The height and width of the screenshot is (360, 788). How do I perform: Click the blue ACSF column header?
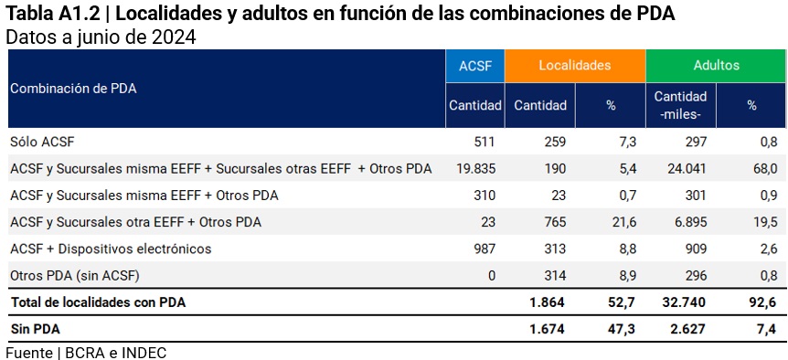click(475, 66)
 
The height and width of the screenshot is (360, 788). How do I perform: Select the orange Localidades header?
click(575, 66)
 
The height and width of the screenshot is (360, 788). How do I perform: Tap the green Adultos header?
click(717, 66)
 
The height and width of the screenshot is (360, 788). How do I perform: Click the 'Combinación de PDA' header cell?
click(73, 89)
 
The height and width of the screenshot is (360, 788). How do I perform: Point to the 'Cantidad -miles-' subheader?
click(680, 105)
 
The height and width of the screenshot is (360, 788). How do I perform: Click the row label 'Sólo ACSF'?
click(42, 142)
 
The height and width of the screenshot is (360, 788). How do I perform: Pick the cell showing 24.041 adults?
click(687, 169)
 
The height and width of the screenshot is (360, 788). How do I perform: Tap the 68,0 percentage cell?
click(763, 169)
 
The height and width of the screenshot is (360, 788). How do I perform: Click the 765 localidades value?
click(553, 222)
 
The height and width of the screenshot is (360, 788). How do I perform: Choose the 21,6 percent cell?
click(623, 222)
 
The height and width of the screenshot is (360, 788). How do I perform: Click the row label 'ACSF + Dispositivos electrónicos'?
click(111, 249)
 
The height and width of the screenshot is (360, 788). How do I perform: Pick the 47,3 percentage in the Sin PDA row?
click(622, 329)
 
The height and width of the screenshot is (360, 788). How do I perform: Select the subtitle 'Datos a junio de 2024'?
click(101, 37)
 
